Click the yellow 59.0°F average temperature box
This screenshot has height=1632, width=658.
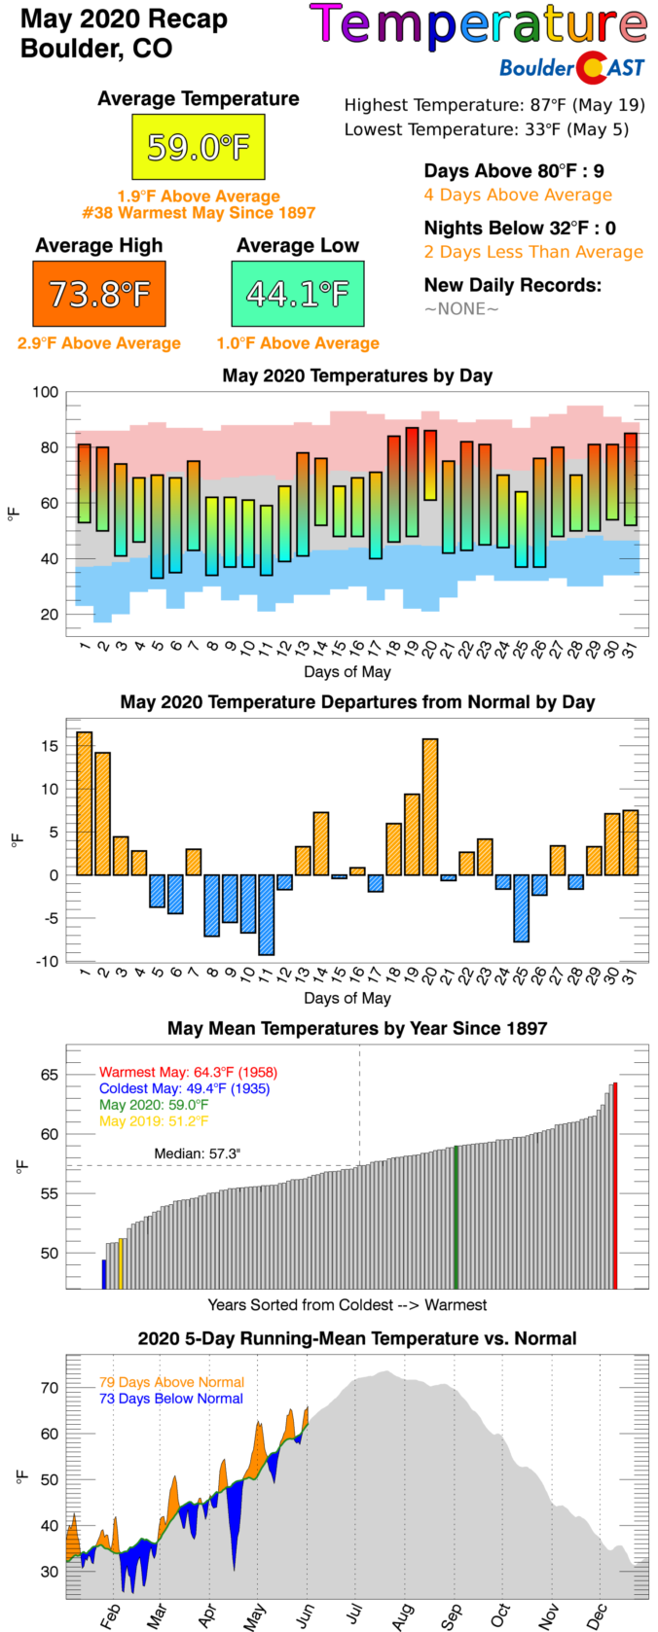199,147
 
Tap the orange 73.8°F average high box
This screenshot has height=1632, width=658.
98,294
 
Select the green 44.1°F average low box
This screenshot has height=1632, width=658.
298,294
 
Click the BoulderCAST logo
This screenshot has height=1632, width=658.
571,67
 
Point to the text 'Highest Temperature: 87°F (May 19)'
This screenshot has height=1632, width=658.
494,105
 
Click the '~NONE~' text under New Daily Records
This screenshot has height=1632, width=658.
461,309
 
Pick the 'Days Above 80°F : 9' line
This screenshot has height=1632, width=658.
514,171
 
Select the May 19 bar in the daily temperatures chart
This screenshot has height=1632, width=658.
412,481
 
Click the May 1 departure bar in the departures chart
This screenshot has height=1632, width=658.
85,803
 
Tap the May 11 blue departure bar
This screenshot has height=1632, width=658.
266,914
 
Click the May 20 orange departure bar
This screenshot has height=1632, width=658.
430,807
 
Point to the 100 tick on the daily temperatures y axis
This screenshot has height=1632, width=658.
46,393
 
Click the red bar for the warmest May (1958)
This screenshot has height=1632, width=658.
614,1185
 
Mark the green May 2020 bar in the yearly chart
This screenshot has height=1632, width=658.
456,1217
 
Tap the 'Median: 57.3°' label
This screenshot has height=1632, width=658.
198,1153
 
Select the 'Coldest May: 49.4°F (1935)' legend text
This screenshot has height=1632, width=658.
184,1088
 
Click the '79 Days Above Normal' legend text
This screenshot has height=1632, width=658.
171,1382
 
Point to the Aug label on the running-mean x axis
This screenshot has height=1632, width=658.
402,1613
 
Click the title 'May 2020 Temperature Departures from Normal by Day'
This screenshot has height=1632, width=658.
357,702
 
